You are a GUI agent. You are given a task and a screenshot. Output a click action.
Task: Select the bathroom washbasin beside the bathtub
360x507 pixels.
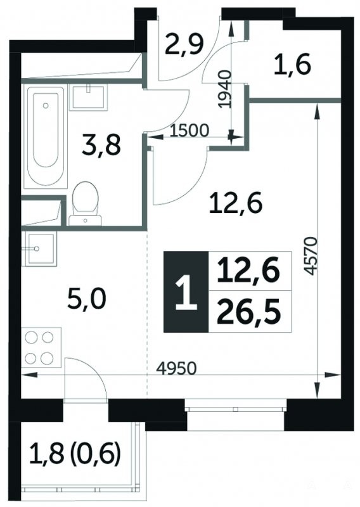[x=88, y=98]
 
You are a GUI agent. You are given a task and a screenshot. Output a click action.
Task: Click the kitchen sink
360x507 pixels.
[x=41, y=248]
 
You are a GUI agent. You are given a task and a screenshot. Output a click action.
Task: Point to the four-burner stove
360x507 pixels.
[x=41, y=347]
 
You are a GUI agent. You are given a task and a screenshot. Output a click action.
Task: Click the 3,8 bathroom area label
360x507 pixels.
[x=101, y=146]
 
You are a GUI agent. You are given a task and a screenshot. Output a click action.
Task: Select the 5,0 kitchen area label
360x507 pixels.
[x=87, y=300]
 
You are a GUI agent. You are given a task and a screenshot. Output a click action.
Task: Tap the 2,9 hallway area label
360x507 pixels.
[x=184, y=45]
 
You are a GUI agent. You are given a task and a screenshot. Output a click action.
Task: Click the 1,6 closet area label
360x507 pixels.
[x=292, y=65]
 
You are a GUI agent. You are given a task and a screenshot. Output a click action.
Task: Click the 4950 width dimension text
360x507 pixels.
[x=176, y=368]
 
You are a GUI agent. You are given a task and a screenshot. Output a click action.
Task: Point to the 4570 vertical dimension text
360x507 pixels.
[x=310, y=256]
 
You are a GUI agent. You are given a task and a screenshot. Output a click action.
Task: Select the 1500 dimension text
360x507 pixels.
[x=190, y=131]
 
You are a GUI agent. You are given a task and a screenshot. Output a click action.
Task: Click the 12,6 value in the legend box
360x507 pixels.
[x=248, y=271]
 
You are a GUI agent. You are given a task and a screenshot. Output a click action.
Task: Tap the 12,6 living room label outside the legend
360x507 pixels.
[x=235, y=204]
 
